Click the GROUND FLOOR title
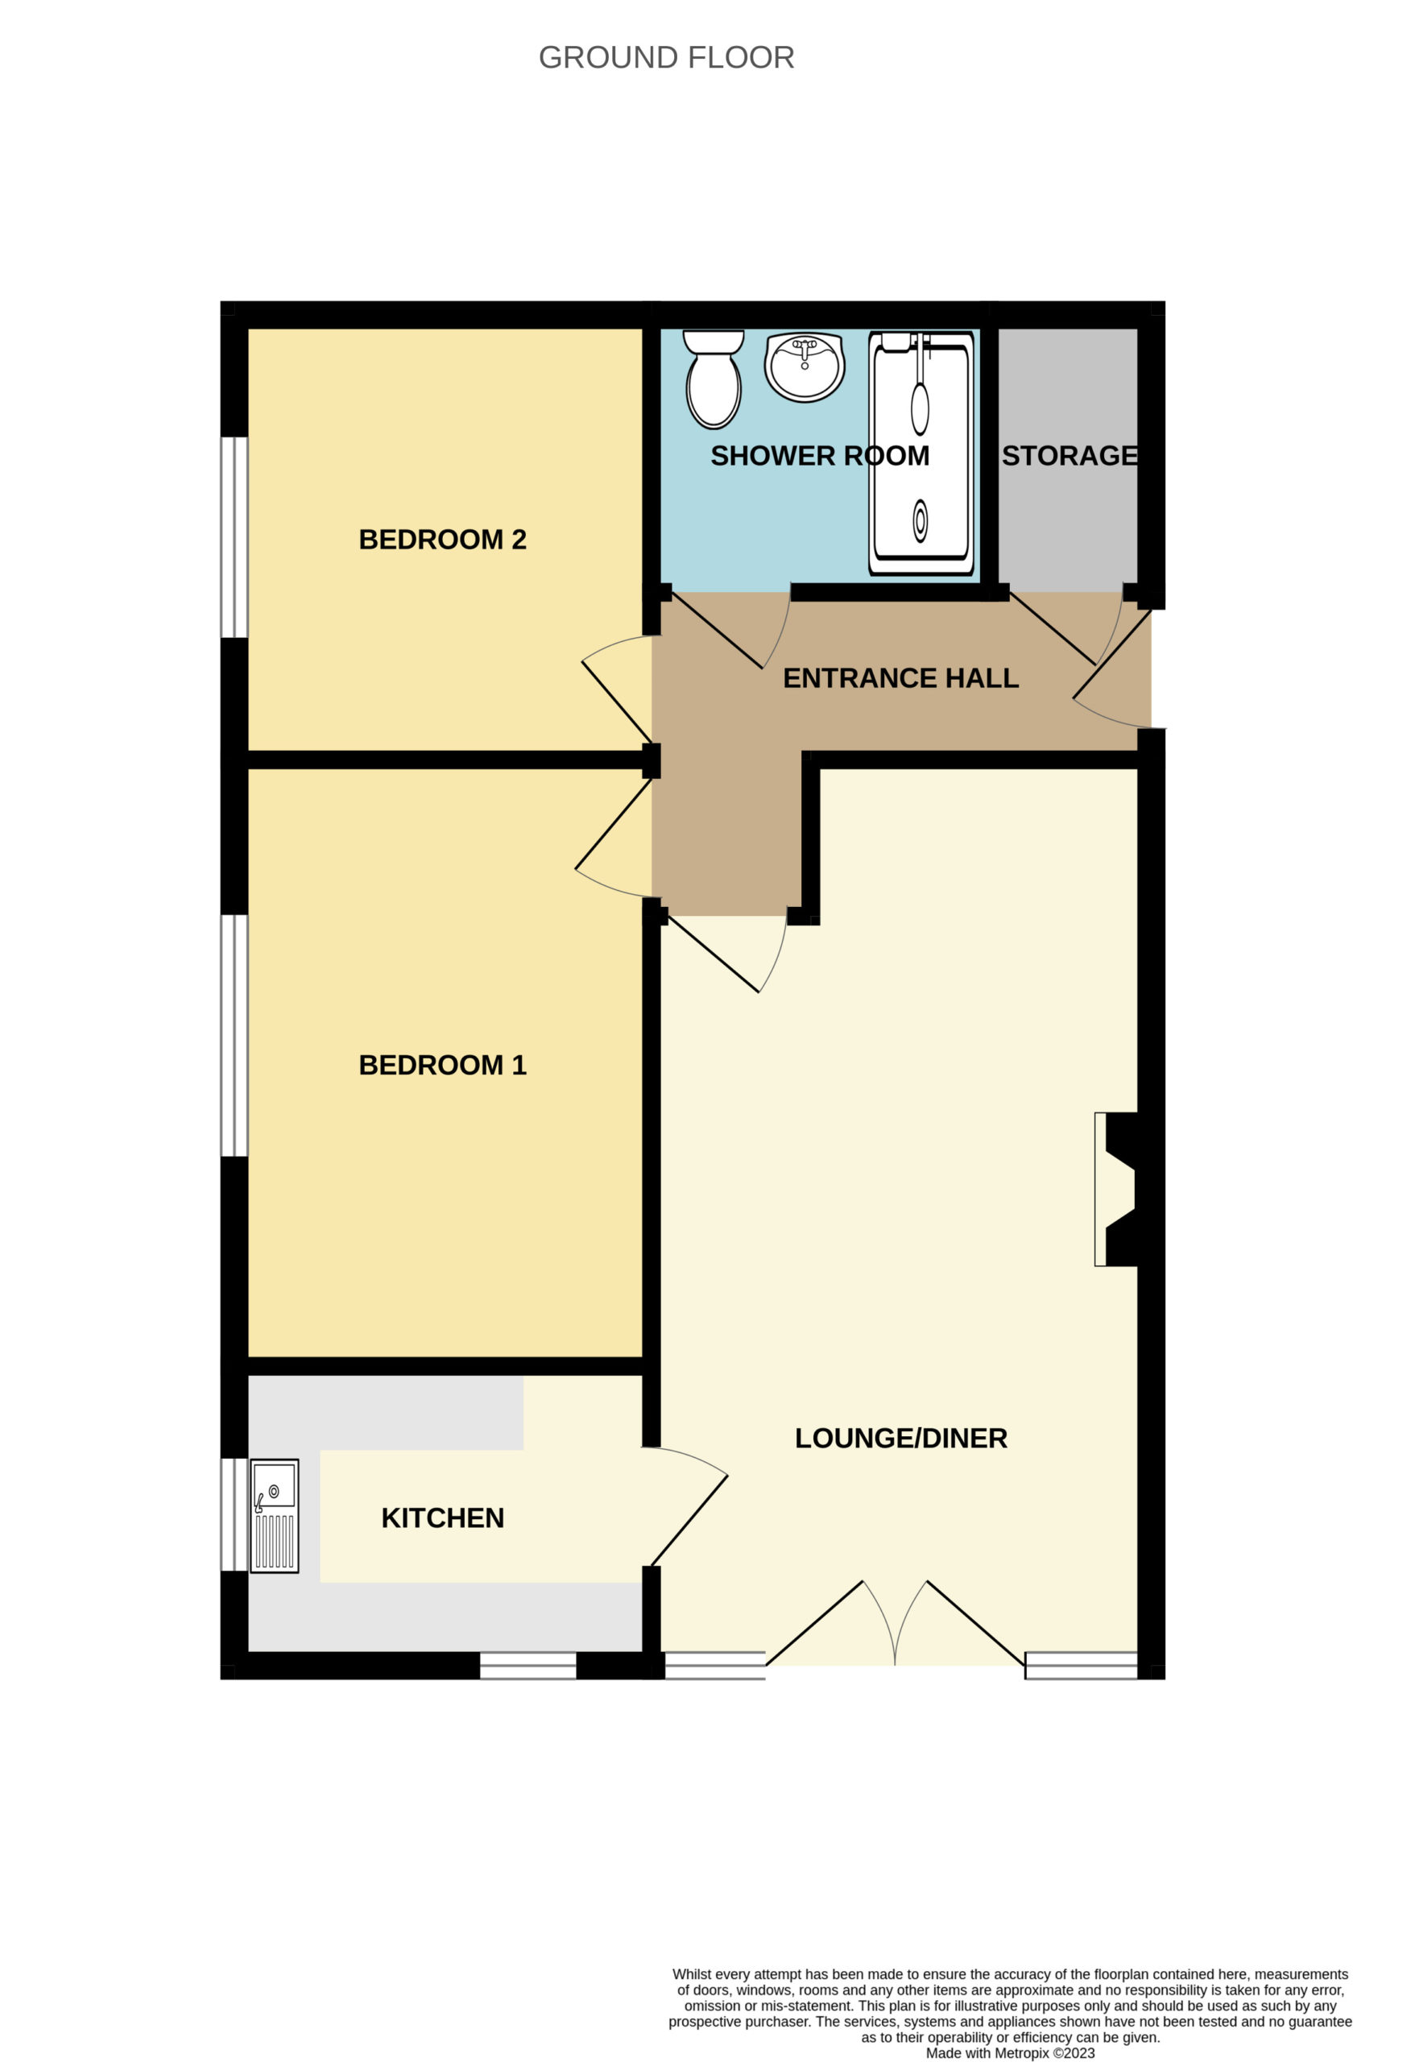[666, 58]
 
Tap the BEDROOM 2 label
[443, 540]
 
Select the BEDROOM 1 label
[443, 1065]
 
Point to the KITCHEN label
[443, 1518]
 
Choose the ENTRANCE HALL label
[900, 678]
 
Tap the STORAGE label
[1070, 455]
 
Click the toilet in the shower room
[714, 379]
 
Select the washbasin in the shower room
[805, 366]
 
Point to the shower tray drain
[920, 521]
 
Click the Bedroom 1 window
[234, 1036]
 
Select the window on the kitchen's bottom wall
[528, 1666]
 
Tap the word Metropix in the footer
[1023, 2053]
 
